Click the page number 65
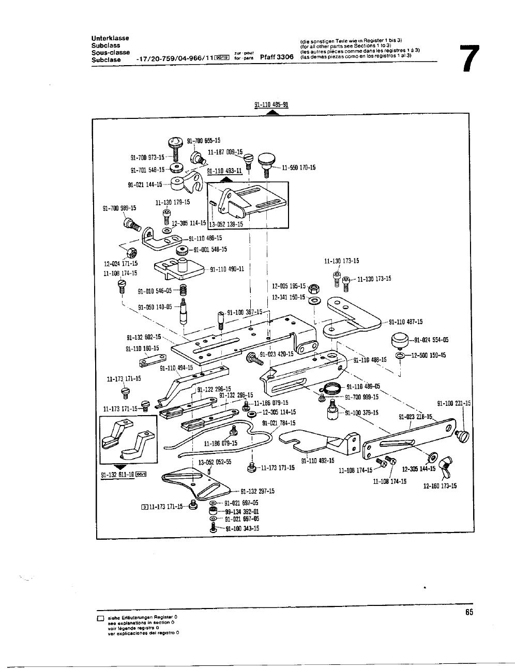(468, 612)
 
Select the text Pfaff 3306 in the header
(277, 57)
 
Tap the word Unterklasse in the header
(110, 38)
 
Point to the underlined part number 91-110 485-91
(271, 104)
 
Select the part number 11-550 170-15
(298, 168)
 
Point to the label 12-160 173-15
(440, 486)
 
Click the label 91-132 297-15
(257, 491)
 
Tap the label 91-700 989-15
(119, 208)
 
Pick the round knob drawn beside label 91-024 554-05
(400, 341)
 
